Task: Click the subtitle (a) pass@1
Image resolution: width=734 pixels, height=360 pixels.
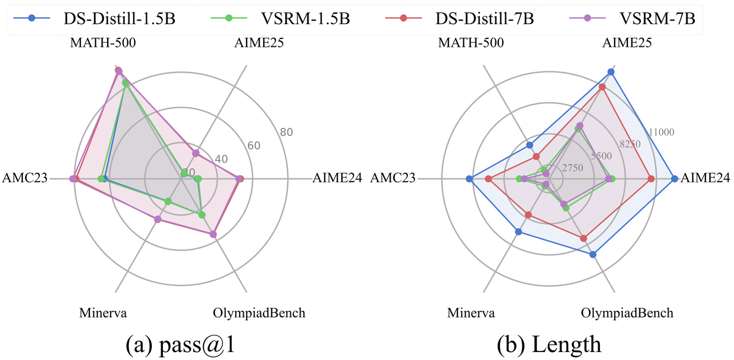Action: [181, 344]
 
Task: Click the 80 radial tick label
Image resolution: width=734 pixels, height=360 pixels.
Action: [287, 132]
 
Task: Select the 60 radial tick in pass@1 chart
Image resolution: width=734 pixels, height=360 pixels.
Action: [254, 146]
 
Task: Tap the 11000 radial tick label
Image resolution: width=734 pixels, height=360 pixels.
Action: [661, 132]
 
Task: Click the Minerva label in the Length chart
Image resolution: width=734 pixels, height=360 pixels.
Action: [471, 313]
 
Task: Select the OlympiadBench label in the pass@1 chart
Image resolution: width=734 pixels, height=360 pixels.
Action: [259, 313]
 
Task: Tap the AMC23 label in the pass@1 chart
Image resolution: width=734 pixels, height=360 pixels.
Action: [24, 178]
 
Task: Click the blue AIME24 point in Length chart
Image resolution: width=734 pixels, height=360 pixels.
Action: [674, 179]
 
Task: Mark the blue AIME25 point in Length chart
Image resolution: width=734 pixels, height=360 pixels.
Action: [611, 72]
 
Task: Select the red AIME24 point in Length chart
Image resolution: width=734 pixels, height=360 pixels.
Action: [651, 179]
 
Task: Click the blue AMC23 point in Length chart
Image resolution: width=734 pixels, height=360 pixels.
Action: [469, 179]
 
